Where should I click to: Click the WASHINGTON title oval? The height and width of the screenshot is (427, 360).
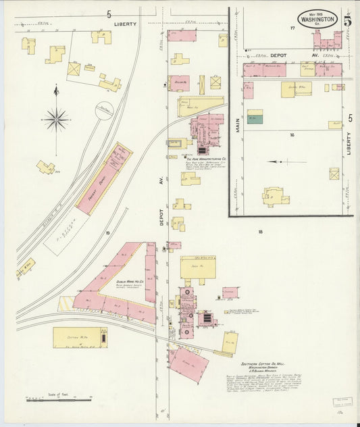tap(317, 19)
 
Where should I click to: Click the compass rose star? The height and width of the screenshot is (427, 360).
tap(56, 119)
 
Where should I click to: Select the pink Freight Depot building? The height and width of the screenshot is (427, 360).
tap(103, 178)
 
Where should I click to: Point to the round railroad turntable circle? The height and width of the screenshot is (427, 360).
tap(104, 110)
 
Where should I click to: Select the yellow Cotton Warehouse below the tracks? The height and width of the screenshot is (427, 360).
tap(80, 337)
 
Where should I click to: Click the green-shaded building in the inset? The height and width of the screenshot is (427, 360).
tap(255, 117)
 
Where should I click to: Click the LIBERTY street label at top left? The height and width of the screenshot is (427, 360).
tap(125, 24)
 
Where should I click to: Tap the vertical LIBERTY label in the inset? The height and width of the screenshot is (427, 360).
tap(349, 143)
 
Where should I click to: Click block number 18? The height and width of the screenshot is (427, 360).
tap(259, 232)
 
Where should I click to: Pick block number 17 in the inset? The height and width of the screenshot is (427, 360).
tap(292, 28)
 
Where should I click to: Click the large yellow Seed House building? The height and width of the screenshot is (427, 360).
tap(198, 267)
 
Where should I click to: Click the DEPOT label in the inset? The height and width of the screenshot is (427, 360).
tap(280, 55)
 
